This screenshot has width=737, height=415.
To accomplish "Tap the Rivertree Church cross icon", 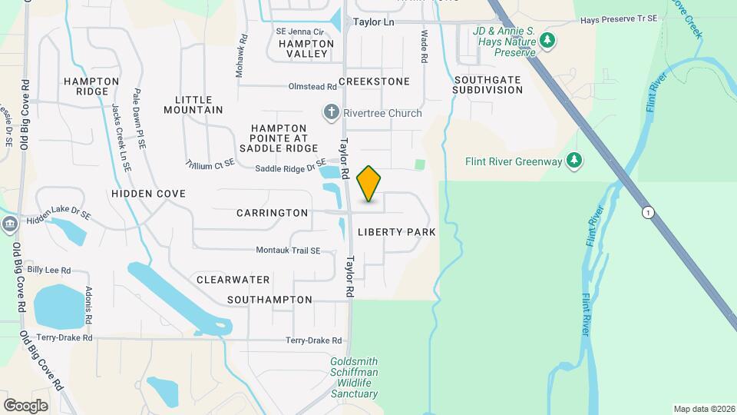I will coord(332,113).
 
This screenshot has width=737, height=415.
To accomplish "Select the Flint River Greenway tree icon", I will coord(573,161).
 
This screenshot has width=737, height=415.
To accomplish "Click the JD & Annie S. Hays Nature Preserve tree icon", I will coord(547,39).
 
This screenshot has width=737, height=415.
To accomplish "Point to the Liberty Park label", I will coord(397,232).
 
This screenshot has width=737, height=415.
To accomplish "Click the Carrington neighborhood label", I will coord(272,213).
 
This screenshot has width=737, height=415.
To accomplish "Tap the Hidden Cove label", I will coord(148,194).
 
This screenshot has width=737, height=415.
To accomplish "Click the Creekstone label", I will coord(374,81).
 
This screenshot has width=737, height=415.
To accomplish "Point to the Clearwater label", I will coord(233,280).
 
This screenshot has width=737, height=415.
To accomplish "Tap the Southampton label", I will coord(269,300).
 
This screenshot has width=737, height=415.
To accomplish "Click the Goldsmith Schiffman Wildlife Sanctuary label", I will coord(354,377).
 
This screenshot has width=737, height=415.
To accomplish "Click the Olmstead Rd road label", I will coord(312,87).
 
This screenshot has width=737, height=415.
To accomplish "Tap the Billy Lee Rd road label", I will coord(48,271).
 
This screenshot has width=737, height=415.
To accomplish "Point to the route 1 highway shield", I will coord(649,213).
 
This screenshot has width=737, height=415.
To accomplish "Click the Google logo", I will coord(25,405).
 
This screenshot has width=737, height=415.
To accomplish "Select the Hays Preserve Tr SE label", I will coord(619,18).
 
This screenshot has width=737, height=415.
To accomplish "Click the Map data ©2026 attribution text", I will coord(703,409).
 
